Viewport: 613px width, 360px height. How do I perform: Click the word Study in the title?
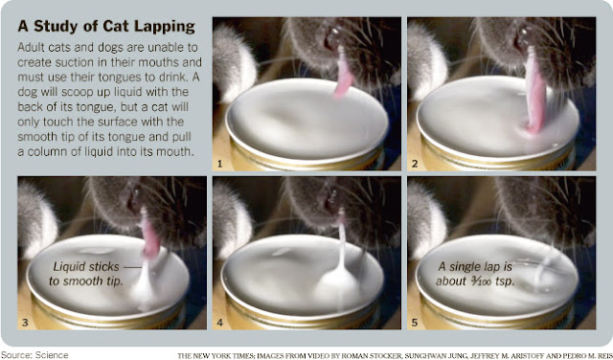pyautogui.click(x=57, y=27)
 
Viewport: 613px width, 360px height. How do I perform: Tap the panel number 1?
pyautogui.click(x=219, y=164)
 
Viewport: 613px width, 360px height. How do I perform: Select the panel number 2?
pyautogui.click(x=415, y=164)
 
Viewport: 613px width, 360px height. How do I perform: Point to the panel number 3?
pyautogui.click(x=25, y=323)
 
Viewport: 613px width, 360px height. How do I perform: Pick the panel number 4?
pyautogui.click(x=219, y=323)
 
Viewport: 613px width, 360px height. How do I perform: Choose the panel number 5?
pyautogui.click(x=415, y=323)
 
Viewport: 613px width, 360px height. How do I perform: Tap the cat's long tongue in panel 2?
pyautogui.click(x=534, y=92)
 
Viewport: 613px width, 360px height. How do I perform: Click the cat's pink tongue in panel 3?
pyautogui.click(x=149, y=235)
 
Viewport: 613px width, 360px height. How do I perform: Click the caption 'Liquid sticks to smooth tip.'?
pyautogui.click(x=86, y=274)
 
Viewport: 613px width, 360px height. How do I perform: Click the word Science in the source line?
pyautogui.click(x=52, y=355)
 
